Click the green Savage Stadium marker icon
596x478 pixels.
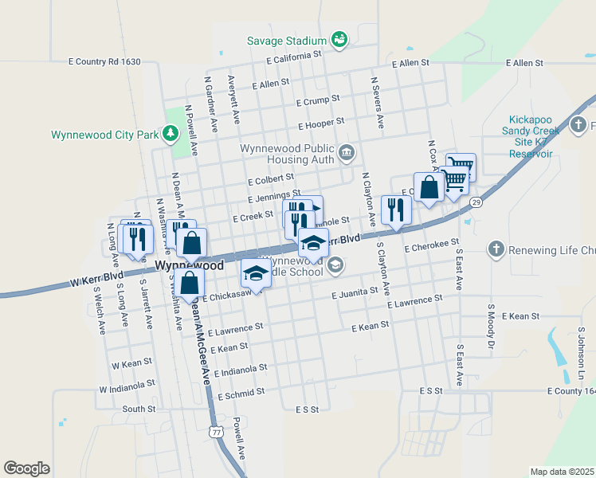tap(339, 40)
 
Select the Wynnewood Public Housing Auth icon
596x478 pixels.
tap(347, 152)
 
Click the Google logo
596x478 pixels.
tap(26, 468)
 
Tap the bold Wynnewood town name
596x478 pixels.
tap(189, 265)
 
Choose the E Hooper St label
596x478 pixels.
tap(321, 124)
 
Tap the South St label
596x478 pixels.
tap(139, 409)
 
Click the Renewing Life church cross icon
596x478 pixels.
tap(496, 249)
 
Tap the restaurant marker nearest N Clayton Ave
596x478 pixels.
tap(396, 210)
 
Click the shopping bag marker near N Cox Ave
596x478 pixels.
tap(429, 188)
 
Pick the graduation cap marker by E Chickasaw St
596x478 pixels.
tap(255, 273)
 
